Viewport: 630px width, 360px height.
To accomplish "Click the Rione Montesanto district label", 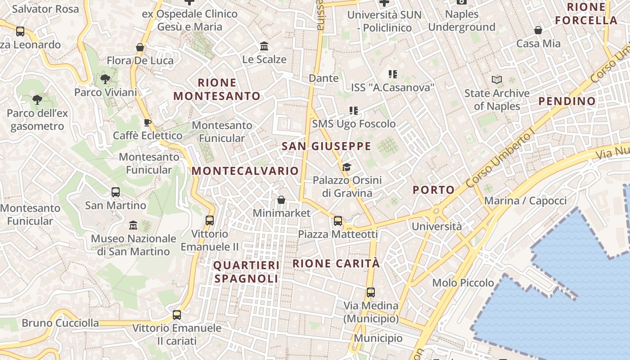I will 217,89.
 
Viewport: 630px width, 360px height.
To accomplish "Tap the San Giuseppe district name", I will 326,146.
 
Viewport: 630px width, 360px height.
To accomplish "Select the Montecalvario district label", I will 245,171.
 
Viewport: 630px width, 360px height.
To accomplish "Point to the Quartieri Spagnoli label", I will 246,272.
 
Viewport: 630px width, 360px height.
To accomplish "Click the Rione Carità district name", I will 336,263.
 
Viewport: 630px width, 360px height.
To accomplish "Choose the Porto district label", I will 434,190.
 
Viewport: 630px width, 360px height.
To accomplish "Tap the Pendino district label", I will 567,101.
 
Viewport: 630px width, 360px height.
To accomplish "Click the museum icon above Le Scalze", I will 264,46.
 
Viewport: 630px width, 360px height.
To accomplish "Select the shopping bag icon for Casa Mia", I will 538,30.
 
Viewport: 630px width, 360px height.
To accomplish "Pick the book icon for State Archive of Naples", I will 497,80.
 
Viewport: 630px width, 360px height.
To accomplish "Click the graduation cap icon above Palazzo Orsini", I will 346,167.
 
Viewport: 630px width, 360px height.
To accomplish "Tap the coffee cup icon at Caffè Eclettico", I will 147,122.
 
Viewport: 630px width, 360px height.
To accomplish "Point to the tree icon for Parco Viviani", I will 105,79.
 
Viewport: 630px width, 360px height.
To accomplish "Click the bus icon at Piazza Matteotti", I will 338,221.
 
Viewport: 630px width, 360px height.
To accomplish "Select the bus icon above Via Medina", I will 371,292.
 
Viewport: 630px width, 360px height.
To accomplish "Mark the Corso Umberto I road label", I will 499,157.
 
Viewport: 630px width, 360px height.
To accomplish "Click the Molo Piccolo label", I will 463,283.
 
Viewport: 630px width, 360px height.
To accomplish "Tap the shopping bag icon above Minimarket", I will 281,200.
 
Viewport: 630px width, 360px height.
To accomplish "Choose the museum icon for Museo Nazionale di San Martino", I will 133,225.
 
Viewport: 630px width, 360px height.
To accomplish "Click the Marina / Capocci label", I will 525,201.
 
